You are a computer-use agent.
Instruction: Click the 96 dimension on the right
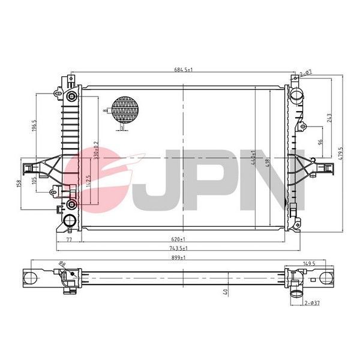tap(320, 142)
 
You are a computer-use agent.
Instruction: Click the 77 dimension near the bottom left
tap(68, 239)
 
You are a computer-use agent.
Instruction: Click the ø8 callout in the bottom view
tap(62, 264)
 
